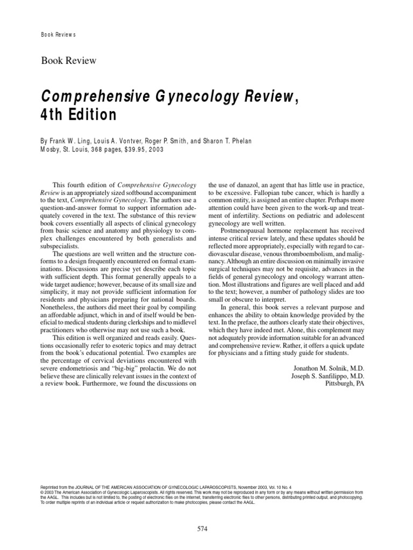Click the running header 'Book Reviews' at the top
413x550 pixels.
click(59, 35)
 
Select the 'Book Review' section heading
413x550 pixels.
click(69, 60)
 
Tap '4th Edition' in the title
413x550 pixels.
click(78, 115)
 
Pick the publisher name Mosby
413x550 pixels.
click(53, 150)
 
